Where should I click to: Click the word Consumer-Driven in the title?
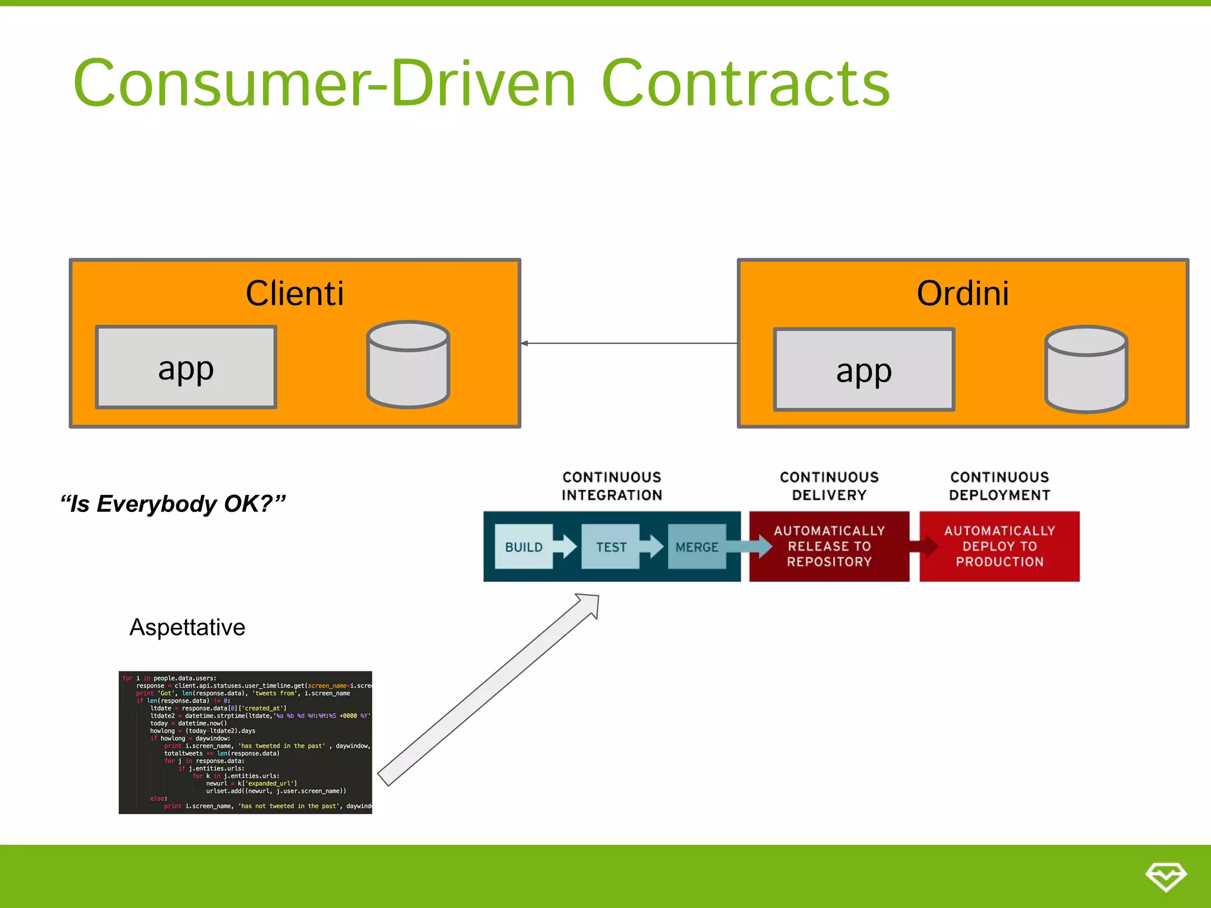[x=324, y=84]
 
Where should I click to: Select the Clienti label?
[x=294, y=293]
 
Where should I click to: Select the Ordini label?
[x=963, y=293]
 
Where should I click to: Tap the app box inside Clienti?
[x=186, y=368]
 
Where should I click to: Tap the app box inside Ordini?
[x=864, y=370]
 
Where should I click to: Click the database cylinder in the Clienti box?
[x=408, y=365]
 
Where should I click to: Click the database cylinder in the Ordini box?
[x=1086, y=369]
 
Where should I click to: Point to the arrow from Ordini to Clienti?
[x=629, y=343]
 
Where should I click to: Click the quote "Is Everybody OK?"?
[x=173, y=504]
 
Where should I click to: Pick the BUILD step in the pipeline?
[x=524, y=547]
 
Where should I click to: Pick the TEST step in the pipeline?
[x=611, y=547]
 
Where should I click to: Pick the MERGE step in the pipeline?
[x=697, y=547]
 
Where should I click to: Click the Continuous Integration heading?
[x=611, y=486]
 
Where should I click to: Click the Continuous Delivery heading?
[x=829, y=486]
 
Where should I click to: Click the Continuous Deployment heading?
[x=999, y=486]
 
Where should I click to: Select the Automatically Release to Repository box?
[x=829, y=546]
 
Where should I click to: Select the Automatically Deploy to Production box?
[x=999, y=546]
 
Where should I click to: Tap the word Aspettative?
[x=187, y=627]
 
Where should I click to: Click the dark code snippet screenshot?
[x=245, y=742]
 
